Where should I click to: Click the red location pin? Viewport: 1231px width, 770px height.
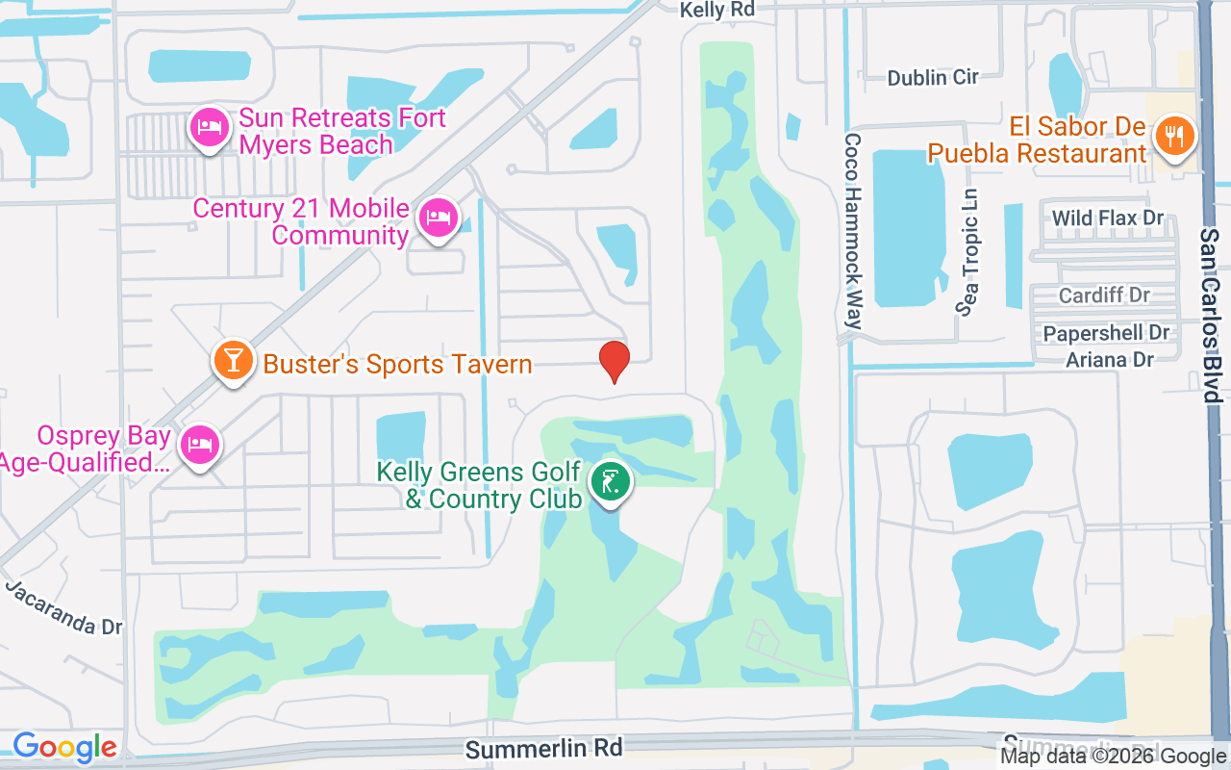615,361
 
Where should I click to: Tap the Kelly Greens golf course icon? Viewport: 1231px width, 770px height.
610,480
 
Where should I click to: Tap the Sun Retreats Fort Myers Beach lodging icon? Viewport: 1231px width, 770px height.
209,127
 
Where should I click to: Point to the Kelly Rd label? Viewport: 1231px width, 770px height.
716,10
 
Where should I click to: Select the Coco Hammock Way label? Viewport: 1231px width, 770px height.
852,231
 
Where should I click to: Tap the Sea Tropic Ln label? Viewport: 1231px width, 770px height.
967,253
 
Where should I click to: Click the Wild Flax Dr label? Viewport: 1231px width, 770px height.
1108,218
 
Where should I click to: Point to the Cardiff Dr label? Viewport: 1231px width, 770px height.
1104,295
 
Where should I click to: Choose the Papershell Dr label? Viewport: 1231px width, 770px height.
1107,333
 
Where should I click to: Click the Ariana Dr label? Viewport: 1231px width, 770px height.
1110,359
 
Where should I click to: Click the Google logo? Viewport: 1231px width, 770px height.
64,747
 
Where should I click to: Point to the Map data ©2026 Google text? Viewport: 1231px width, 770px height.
1113,757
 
